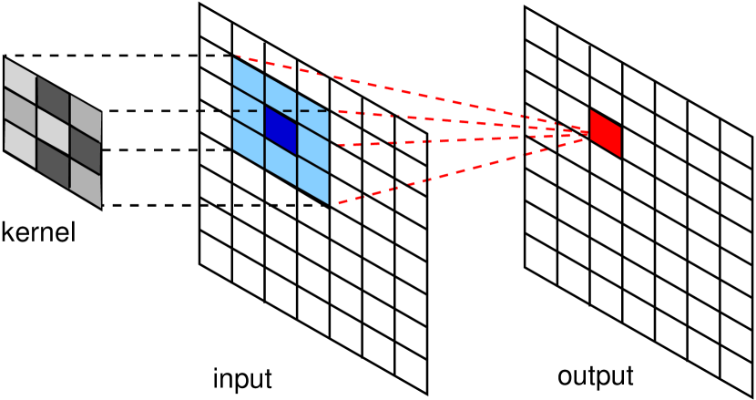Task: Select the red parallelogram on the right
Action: (x=605, y=133)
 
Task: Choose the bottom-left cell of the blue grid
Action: (x=248, y=141)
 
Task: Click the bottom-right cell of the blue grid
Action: (x=313, y=179)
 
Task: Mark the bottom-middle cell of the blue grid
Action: (x=281, y=161)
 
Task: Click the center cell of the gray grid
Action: (x=53, y=130)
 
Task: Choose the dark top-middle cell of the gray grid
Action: (x=53, y=98)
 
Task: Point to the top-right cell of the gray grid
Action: (x=86, y=118)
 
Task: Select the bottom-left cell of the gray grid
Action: (x=20, y=143)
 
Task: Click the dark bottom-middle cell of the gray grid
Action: (x=53, y=162)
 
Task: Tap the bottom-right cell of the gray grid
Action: (x=86, y=182)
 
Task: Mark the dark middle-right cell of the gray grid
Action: (x=86, y=149)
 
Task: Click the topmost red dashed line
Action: (x=410, y=92)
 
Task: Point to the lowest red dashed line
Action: (x=455, y=171)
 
